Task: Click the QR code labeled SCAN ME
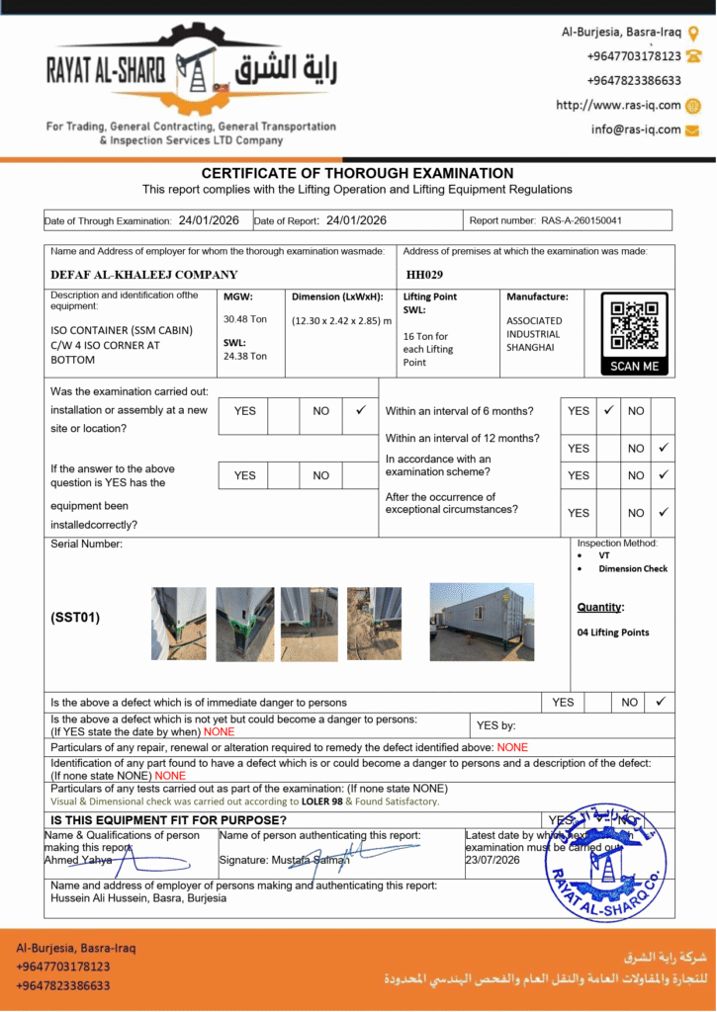pyautogui.click(x=634, y=325)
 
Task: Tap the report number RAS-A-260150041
pyautogui.click(x=582, y=220)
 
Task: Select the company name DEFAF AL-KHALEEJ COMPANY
pyautogui.click(x=144, y=275)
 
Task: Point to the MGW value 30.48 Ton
pyautogui.click(x=245, y=319)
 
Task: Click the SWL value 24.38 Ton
pyautogui.click(x=245, y=357)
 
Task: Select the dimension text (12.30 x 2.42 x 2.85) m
pyautogui.click(x=341, y=320)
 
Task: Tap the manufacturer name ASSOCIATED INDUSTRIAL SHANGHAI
pyautogui.click(x=534, y=334)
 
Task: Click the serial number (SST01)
pyautogui.click(x=75, y=618)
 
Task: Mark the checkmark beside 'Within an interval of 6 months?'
pyautogui.click(x=609, y=409)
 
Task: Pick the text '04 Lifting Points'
pyautogui.click(x=613, y=632)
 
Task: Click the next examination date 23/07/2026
pyautogui.click(x=492, y=861)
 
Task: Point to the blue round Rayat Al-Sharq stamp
pyautogui.click(x=605, y=862)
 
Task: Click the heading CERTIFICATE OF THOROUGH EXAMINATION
pyautogui.click(x=357, y=173)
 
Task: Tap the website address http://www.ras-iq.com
pyautogui.click(x=618, y=105)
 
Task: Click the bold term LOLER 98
pyautogui.click(x=322, y=801)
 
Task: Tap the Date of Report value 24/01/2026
pyautogui.click(x=356, y=220)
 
